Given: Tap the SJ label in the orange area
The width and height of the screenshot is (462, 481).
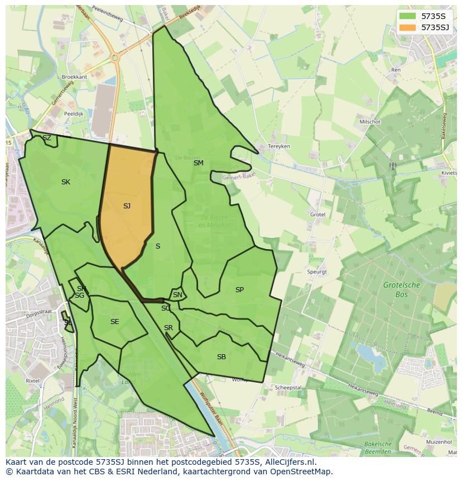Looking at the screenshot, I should click(127, 206).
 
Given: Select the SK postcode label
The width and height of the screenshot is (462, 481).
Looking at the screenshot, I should click(66, 182).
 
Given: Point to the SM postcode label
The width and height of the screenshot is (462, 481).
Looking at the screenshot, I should click(199, 163).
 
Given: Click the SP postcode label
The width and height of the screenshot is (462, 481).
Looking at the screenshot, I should click(239, 290).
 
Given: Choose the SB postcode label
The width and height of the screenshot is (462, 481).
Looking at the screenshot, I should click(222, 357).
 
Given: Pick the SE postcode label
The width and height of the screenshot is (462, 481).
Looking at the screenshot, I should click(114, 322).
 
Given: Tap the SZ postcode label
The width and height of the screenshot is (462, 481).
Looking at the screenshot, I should click(47, 138).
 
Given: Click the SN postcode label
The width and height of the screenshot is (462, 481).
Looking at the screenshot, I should click(177, 295).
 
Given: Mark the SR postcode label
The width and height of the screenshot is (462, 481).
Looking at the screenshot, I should click(169, 328).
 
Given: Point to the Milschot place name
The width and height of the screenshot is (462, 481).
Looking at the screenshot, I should click(370, 122).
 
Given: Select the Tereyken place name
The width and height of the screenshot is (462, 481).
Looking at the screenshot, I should click(279, 146).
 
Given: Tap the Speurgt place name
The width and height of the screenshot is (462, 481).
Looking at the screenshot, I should click(316, 272).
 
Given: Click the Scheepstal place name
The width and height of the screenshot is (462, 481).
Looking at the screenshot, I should click(288, 387).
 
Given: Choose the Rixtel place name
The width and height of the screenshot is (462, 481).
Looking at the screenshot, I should click(33, 380).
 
